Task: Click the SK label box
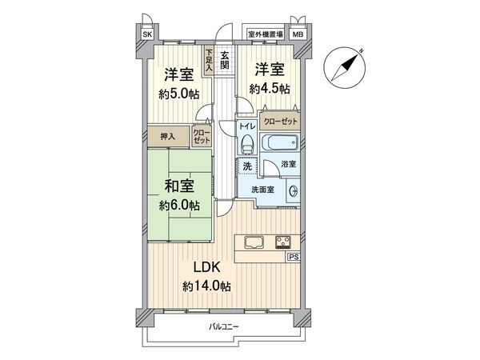click(147, 35)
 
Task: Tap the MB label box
click(298, 35)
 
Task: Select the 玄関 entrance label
click(226, 61)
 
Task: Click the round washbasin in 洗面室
click(293, 190)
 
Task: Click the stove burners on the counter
click(285, 242)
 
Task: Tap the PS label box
click(293, 258)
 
